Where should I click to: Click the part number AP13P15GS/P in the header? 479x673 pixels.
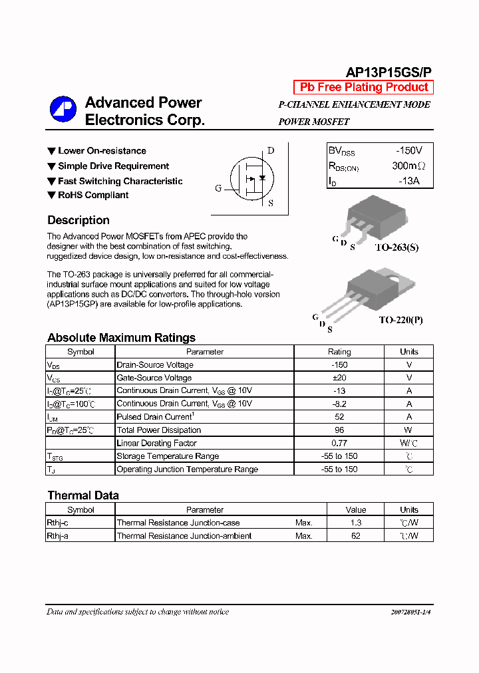(x=389, y=72)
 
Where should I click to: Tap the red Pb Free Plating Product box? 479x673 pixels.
(x=364, y=87)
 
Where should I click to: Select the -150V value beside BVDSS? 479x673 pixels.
(x=407, y=151)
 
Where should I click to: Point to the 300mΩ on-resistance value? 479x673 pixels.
(x=408, y=166)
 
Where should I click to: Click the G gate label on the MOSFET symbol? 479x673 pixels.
(x=218, y=188)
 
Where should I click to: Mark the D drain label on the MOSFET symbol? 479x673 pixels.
(x=271, y=150)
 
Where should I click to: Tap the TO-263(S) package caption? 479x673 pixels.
(x=397, y=247)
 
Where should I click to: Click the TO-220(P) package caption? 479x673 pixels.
(x=400, y=320)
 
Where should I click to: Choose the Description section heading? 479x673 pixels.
(x=79, y=220)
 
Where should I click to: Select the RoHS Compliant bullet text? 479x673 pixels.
(x=93, y=195)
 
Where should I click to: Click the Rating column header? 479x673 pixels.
(x=339, y=352)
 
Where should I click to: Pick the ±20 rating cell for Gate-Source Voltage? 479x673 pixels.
(x=339, y=378)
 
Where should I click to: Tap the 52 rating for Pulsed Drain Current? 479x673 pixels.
(x=339, y=417)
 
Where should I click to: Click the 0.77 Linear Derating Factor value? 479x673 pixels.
(x=339, y=443)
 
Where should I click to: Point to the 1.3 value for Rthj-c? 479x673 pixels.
(x=356, y=523)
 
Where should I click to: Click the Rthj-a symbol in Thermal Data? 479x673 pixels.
(x=58, y=536)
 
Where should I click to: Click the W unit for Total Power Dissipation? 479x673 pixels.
(x=409, y=430)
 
